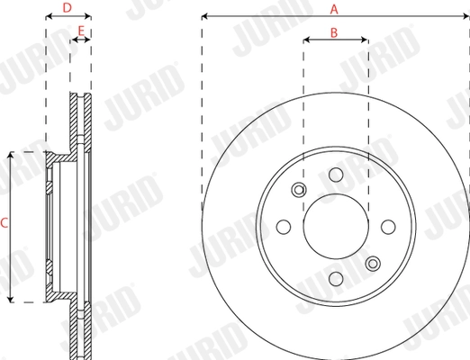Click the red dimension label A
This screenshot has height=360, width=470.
click(x=334, y=9)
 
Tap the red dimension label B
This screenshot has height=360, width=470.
click(x=334, y=32)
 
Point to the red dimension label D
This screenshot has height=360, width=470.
click(x=68, y=9)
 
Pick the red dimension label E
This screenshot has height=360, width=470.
click(x=81, y=31)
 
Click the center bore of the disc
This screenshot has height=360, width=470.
click(x=335, y=227)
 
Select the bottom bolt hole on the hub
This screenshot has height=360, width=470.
click(x=335, y=279)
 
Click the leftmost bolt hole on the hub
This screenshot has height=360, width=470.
click(x=283, y=227)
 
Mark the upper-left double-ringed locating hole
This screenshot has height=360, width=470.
click(x=299, y=190)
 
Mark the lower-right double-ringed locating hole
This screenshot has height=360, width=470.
click(x=372, y=264)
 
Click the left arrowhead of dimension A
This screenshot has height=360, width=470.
click(x=204, y=16)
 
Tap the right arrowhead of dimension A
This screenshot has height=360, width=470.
click(x=465, y=16)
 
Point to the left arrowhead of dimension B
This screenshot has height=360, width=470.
click(x=305, y=40)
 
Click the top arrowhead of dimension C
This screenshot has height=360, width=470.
click(x=10, y=155)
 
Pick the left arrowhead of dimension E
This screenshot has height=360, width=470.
click(x=73, y=40)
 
